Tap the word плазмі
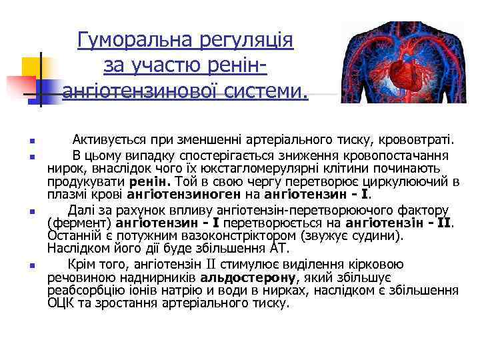[65, 195]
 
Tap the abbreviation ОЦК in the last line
[60, 303]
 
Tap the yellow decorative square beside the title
[33, 67]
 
